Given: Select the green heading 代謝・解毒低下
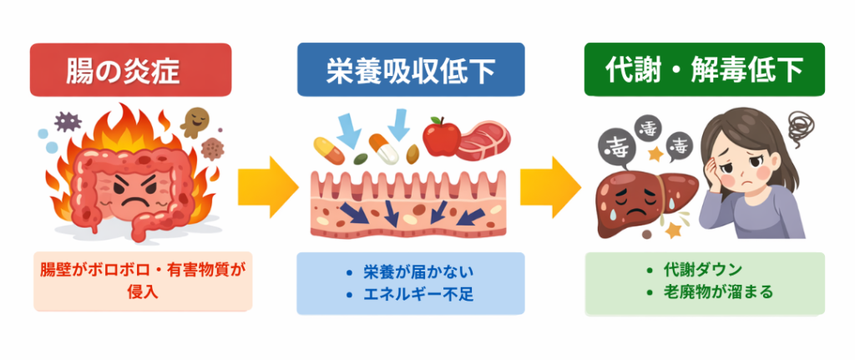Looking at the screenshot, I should coord(704,71).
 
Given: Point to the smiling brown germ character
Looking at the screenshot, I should coord(196,123).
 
